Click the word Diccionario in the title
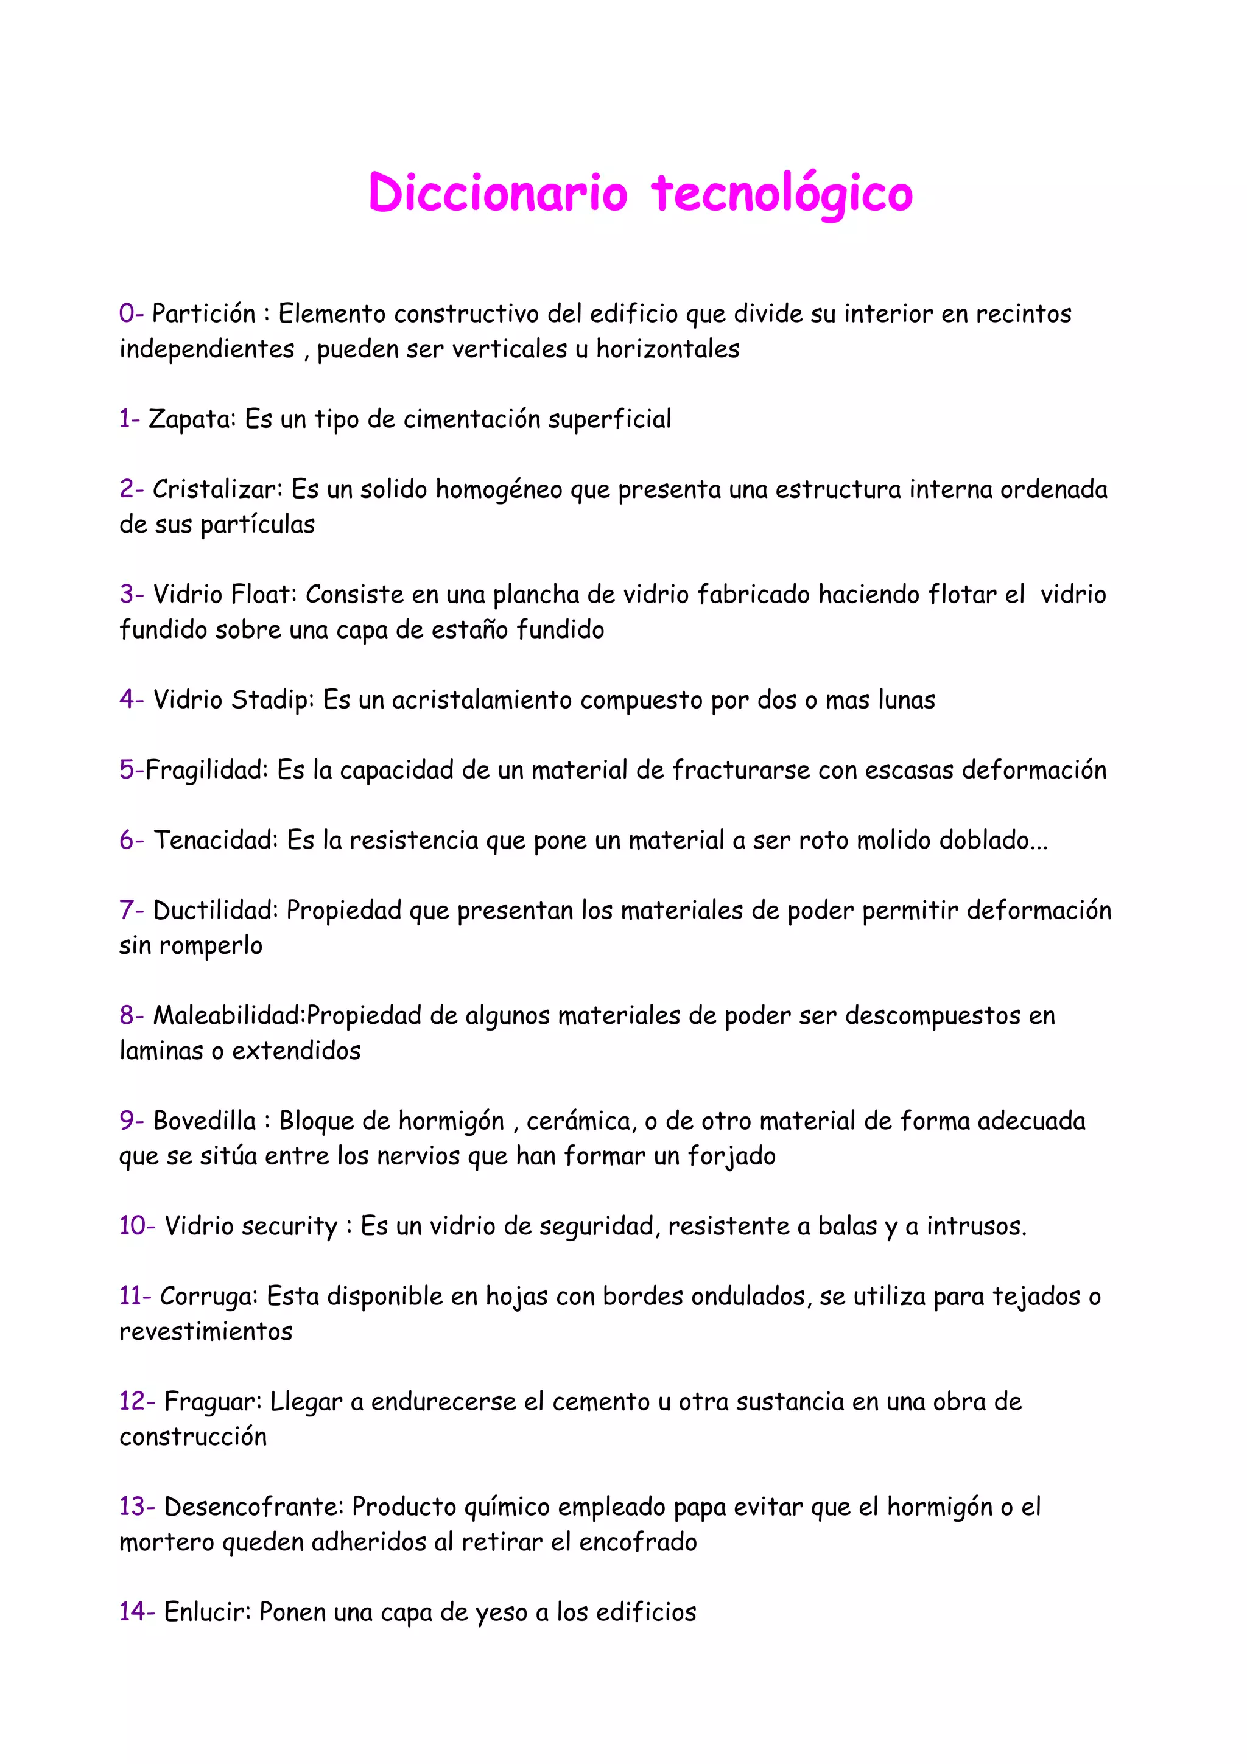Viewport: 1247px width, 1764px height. [x=498, y=192]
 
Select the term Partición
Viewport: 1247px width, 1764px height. [x=203, y=313]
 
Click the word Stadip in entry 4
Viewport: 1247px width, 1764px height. [x=273, y=700]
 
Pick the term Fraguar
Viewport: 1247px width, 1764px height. [x=213, y=1401]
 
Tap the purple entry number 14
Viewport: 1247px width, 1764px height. [x=136, y=1611]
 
